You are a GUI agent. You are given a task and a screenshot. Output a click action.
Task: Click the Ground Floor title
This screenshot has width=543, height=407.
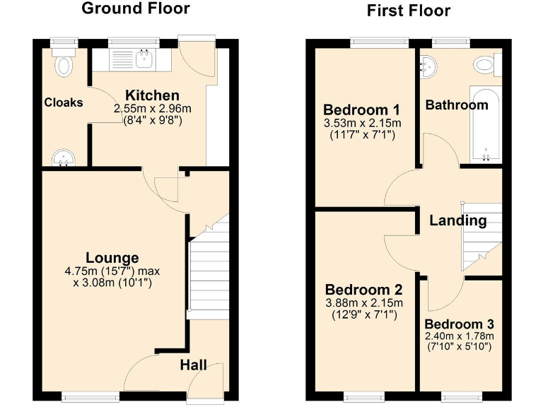(x=136, y=9)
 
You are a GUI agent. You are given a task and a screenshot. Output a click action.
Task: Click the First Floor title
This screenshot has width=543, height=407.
(x=409, y=11)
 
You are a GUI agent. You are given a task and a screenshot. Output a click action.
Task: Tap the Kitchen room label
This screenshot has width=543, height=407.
(x=152, y=95)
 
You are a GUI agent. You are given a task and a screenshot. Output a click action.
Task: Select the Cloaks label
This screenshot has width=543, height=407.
(x=64, y=102)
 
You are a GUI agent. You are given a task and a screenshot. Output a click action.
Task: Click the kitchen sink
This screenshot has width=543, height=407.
(x=145, y=58)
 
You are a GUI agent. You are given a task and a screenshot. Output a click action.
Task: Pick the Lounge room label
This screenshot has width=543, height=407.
(x=112, y=258)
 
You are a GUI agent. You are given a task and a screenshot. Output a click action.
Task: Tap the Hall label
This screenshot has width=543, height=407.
(x=193, y=365)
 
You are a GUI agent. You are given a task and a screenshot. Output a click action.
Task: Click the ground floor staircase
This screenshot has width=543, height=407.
(x=209, y=272)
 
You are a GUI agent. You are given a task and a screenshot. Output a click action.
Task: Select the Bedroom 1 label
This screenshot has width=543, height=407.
(x=361, y=110)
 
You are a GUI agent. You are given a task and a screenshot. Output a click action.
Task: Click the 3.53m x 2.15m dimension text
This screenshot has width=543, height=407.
(x=361, y=123)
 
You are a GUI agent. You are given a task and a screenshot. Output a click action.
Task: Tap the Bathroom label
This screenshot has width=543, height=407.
(x=457, y=105)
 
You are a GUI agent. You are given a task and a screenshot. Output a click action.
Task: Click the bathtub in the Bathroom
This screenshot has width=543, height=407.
(x=486, y=124)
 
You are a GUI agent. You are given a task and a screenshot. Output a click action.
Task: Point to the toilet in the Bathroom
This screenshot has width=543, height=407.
(x=486, y=66)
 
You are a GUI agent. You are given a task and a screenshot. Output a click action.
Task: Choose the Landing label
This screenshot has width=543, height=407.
(x=458, y=220)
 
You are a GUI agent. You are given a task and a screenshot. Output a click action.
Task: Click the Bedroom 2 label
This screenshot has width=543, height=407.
(x=363, y=290)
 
